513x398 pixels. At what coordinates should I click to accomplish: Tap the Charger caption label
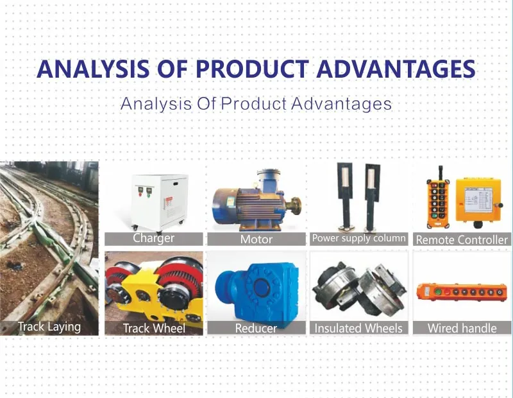[153, 238]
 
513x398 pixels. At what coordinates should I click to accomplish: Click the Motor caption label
[256, 239]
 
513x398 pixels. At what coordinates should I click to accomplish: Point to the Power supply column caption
[358, 238]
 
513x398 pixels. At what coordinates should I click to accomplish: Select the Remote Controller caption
[462, 239]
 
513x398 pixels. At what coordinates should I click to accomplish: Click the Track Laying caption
[49, 326]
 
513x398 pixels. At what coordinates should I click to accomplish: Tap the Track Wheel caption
[154, 328]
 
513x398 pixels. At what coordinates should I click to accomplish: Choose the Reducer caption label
[256, 328]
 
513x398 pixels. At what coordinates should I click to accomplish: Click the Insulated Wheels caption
[358, 328]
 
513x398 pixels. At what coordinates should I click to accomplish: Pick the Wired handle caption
[462, 328]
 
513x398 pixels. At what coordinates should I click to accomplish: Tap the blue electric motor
[247, 204]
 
